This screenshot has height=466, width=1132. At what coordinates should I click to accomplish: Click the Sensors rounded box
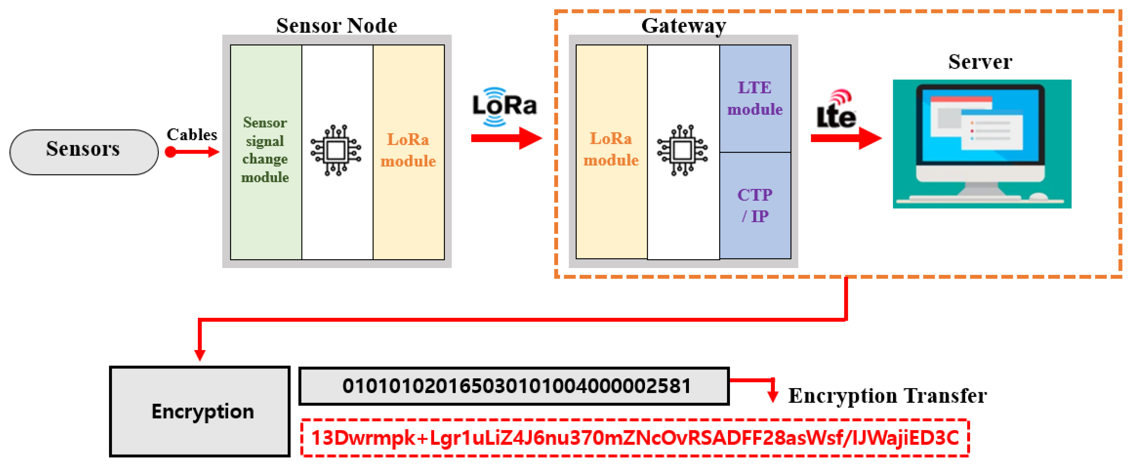pyautogui.click(x=84, y=152)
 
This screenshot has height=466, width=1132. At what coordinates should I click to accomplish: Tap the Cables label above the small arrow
pyautogui.click(x=192, y=135)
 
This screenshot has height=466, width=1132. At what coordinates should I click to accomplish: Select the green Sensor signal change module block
pyautogui.click(x=265, y=151)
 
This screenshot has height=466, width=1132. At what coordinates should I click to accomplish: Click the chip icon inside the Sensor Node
pyautogui.click(x=336, y=150)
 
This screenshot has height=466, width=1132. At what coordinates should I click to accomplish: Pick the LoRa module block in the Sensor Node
pyautogui.click(x=408, y=151)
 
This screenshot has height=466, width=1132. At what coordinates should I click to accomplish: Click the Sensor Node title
pyautogui.click(x=337, y=25)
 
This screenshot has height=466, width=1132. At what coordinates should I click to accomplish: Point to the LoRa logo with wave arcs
pyautogui.click(x=504, y=106)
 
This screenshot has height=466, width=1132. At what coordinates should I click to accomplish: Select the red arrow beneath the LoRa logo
pyautogui.click(x=506, y=138)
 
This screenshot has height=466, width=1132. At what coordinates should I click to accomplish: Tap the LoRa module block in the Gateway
pyautogui.click(x=611, y=151)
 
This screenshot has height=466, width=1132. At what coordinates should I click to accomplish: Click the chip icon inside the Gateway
pyautogui.click(x=682, y=150)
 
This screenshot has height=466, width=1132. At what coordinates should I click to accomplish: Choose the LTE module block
pyautogui.click(x=755, y=99)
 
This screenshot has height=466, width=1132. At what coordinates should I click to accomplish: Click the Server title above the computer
pyautogui.click(x=980, y=61)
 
